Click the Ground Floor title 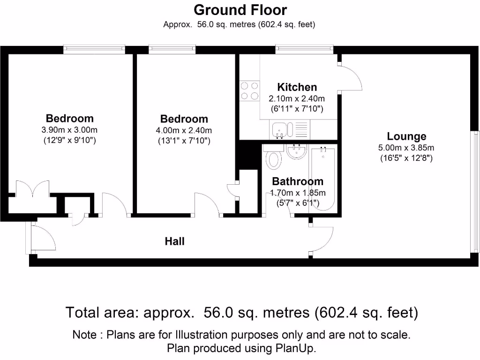point(240,9)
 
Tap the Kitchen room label point(297,87)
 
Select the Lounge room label point(406,136)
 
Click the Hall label point(174,241)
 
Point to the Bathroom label point(298,181)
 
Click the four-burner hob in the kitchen point(249,91)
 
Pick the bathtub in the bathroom point(323,178)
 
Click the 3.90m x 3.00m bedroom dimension point(69,130)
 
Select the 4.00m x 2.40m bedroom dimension point(184,130)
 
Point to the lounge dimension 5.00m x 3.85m point(406,148)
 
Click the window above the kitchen point(304,48)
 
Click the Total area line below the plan point(241,312)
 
